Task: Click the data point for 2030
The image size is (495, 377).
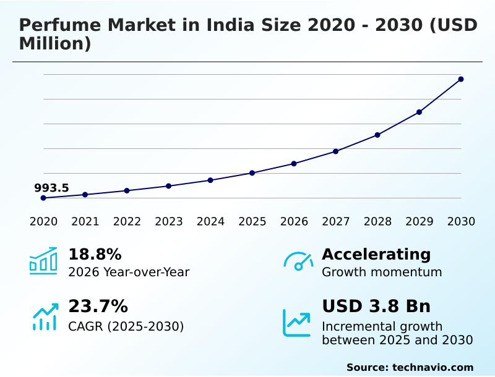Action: (461, 79)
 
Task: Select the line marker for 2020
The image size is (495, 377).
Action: (43, 198)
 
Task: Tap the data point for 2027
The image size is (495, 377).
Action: (335, 151)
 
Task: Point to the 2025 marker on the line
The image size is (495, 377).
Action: (252, 173)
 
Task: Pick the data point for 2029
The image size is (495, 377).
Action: (419, 112)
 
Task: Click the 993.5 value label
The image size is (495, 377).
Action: (51, 188)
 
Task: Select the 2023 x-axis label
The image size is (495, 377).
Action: (168, 221)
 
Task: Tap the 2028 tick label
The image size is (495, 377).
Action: (377, 221)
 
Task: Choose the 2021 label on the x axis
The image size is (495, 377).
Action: (85, 221)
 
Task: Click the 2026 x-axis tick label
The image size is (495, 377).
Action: (294, 221)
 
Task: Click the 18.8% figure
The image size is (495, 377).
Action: (95, 255)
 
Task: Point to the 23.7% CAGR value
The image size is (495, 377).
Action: (98, 307)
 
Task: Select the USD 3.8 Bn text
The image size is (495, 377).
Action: (376, 307)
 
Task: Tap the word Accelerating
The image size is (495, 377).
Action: (376, 255)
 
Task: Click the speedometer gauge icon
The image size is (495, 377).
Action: (298, 261)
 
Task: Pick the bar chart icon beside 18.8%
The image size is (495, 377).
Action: (43, 261)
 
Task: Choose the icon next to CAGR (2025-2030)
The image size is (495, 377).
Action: (45, 316)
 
